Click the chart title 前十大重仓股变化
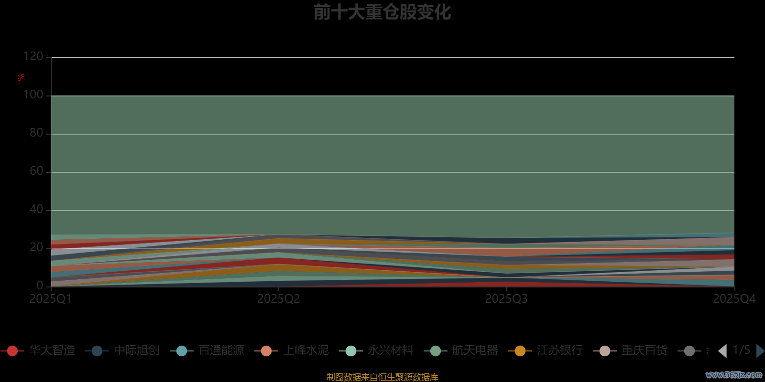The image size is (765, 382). pos(382,12)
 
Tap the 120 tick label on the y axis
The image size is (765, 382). pos(33,57)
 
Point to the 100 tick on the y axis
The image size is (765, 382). pos(33,95)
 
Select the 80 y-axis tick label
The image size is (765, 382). pos(36,133)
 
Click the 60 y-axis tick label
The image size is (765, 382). pos(36,171)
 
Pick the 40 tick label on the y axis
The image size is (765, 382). pos(36,210)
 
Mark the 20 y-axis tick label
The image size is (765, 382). pos(36,248)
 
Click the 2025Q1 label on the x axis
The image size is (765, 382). pos(50,299)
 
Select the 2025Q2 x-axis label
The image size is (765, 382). pos(278,299)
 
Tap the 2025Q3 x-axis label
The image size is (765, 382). pos(506,299)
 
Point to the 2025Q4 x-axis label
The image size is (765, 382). pos(734,299)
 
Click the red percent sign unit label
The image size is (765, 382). pos(21,77)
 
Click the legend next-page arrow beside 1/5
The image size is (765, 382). pos(760,351)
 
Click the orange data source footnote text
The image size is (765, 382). pos(382,377)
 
